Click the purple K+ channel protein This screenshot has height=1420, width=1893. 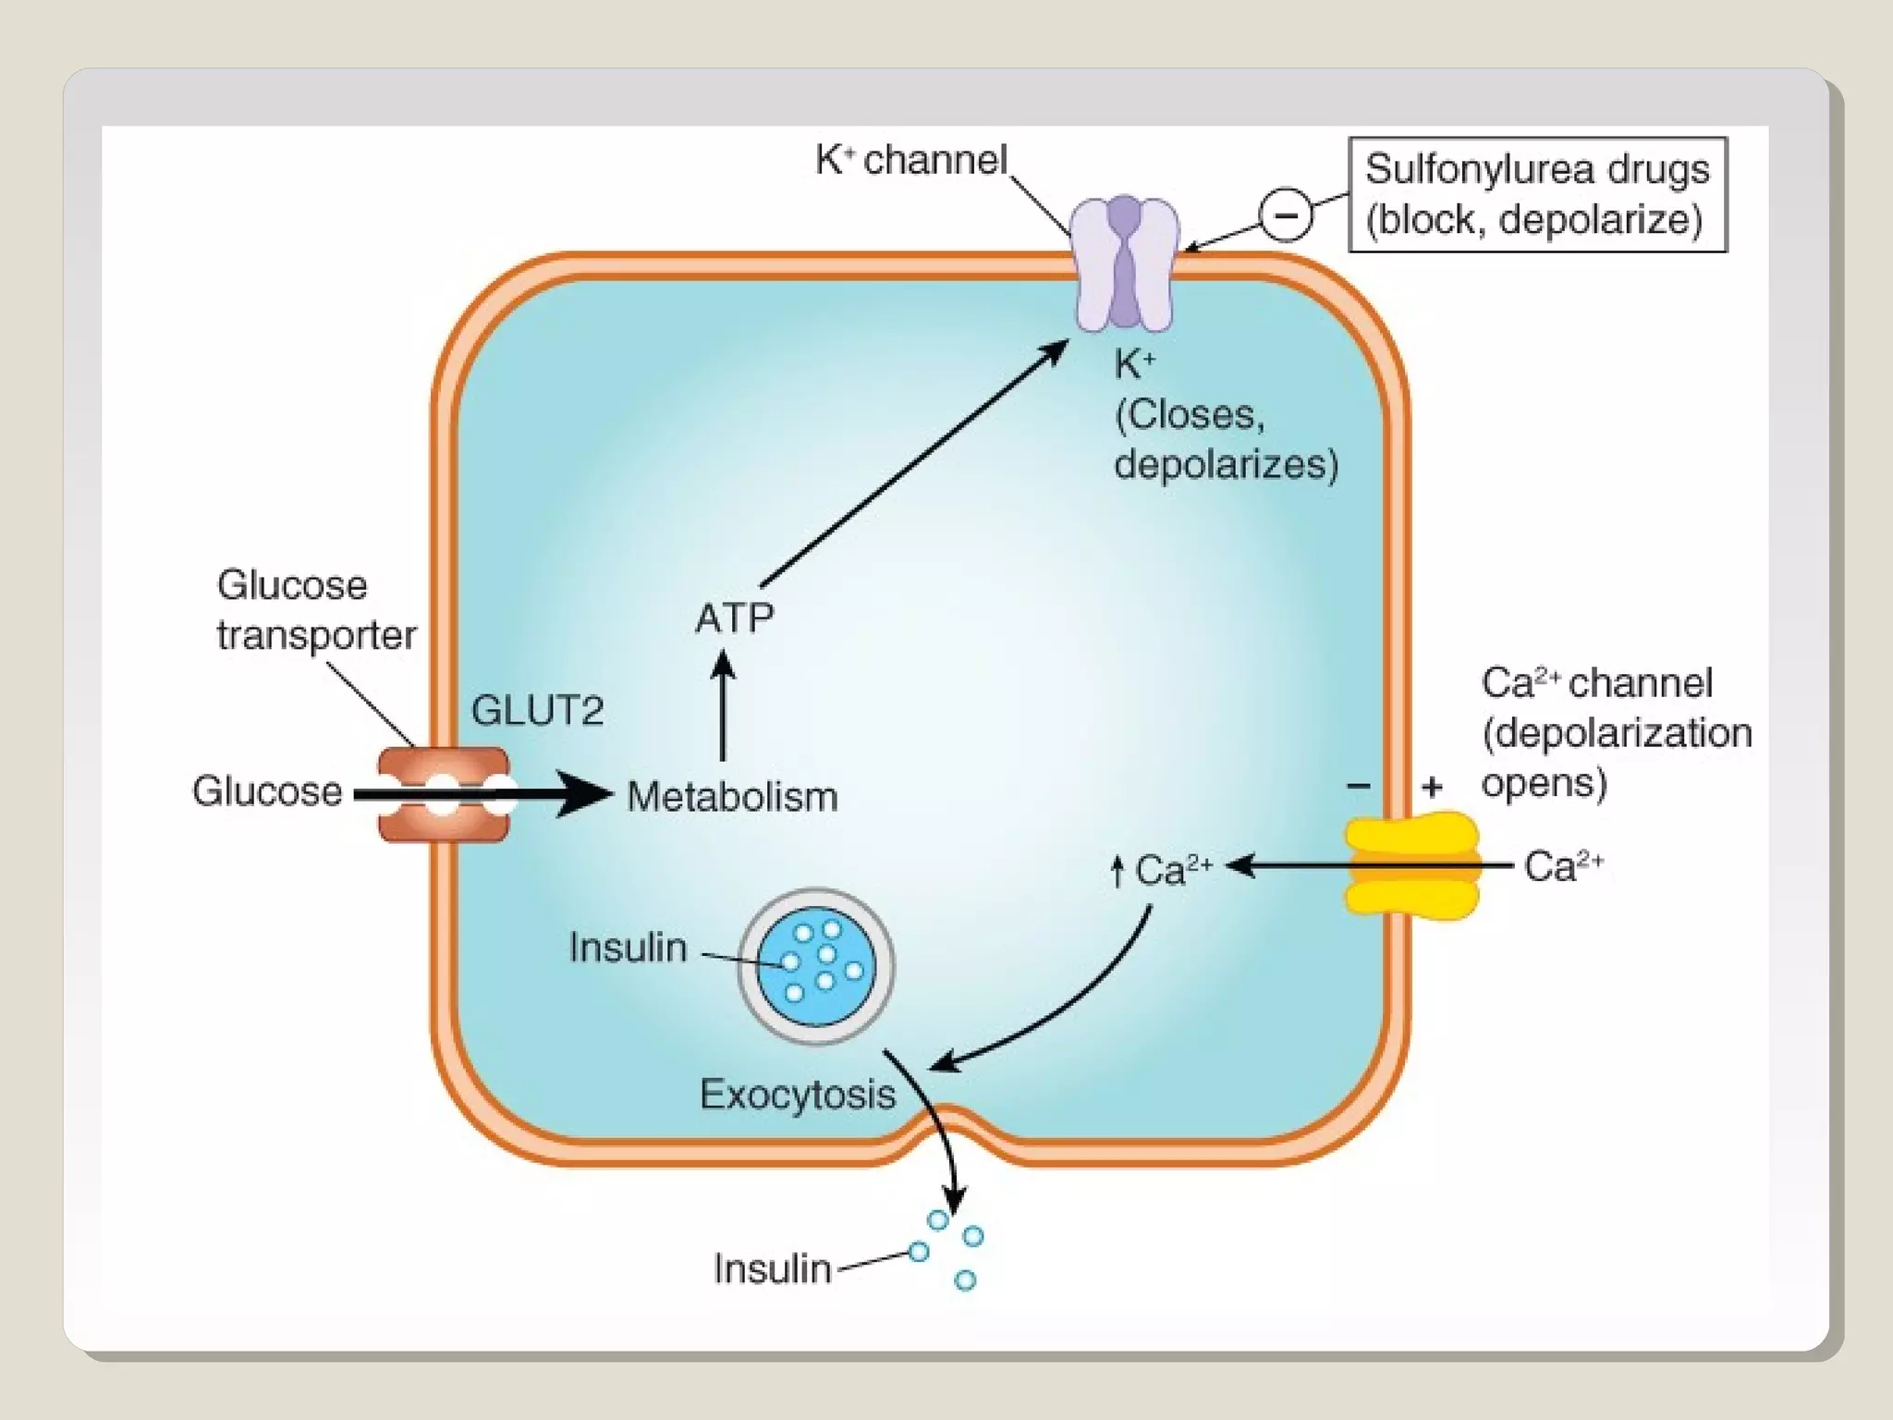pyautogui.click(x=1124, y=264)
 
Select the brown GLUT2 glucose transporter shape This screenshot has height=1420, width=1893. pyautogui.click(x=444, y=795)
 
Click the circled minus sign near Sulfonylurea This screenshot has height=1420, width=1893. pyautogui.click(x=1285, y=215)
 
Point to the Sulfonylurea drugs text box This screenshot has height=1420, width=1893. pyautogui.click(x=1537, y=194)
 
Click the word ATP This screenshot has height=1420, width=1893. pyautogui.click(x=734, y=618)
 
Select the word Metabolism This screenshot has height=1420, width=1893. pyautogui.click(x=732, y=797)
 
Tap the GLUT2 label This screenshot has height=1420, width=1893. pyautogui.click(x=537, y=711)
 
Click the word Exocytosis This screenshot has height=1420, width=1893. pyautogui.click(x=797, y=1095)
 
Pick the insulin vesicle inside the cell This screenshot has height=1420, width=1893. pyautogui.click(x=816, y=966)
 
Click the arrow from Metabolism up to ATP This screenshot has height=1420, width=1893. pyautogui.click(x=724, y=707)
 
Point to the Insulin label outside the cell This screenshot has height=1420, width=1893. pyautogui.click(x=772, y=1268)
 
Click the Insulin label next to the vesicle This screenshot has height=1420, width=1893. pyautogui.click(x=628, y=948)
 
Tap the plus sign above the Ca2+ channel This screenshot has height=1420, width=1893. pyautogui.click(x=1432, y=787)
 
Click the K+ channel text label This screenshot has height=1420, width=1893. pyautogui.click(x=910, y=160)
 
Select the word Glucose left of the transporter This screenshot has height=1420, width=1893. pyautogui.click(x=267, y=791)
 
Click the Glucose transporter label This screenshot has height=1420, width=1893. pyautogui.click(x=316, y=610)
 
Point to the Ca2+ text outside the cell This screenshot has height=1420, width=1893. pyautogui.click(x=1563, y=866)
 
